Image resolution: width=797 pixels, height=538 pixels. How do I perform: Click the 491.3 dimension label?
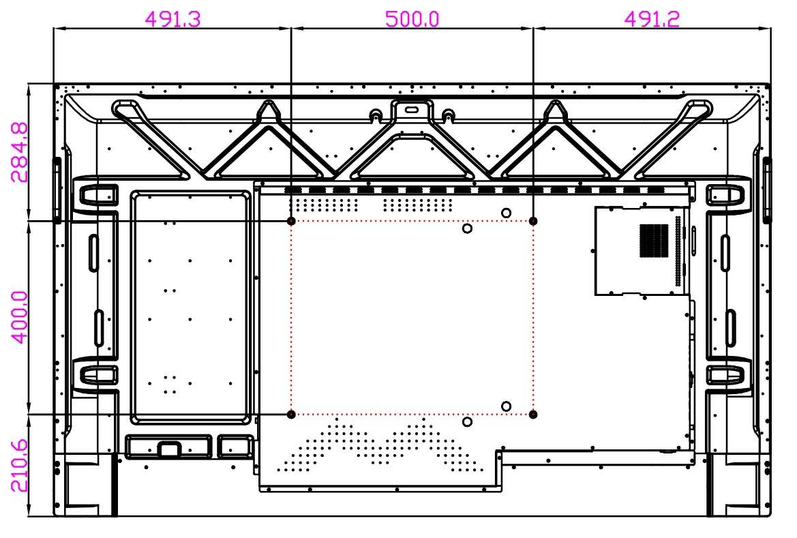tap(172, 19)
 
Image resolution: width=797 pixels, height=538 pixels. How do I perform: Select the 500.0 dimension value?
tap(412, 19)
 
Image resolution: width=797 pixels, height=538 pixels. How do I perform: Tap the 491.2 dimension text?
tap(652, 19)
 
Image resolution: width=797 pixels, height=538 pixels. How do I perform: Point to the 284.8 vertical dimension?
tap(19, 153)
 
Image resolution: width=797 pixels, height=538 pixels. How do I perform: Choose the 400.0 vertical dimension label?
tap(19, 318)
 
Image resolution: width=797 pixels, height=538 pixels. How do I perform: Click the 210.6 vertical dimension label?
tap(19, 466)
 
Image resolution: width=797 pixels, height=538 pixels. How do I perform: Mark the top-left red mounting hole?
tap(291, 221)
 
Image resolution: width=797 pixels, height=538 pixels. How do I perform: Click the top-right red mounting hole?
tap(532, 221)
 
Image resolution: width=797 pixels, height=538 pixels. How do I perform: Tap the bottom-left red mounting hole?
tap(291, 415)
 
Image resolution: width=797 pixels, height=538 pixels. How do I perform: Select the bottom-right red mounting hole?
tap(532, 415)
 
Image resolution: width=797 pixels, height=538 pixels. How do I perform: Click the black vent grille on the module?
tap(654, 241)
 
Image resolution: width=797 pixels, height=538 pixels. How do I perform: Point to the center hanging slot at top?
tap(411, 110)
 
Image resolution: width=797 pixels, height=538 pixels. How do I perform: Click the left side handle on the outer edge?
tap(57, 190)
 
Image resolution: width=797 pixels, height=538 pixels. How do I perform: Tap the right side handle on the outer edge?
tap(767, 190)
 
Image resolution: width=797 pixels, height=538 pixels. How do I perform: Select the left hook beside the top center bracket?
tap(376, 115)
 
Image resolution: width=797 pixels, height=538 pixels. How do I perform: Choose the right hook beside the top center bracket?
tap(448, 115)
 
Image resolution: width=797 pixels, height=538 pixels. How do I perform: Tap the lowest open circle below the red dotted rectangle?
tap(467, 421)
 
